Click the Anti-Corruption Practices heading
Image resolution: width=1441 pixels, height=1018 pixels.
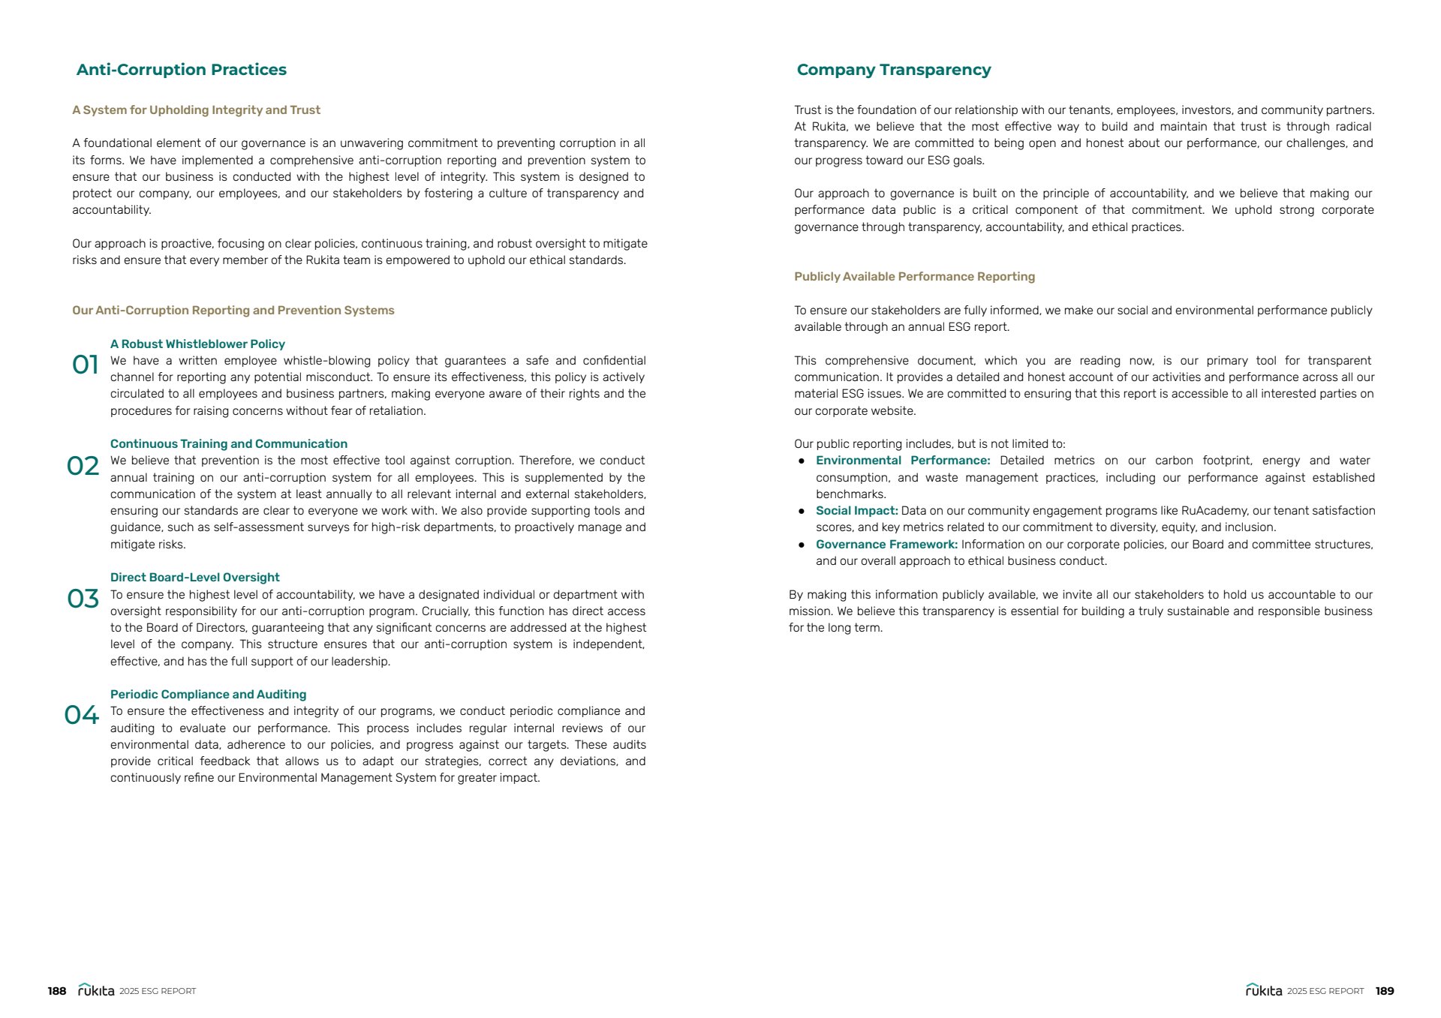pyautogui.click(x=182, y=70)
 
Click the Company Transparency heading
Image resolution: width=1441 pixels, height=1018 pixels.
pyautogui.click(x=893, y=70)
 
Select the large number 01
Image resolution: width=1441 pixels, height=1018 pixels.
pyautogui.click(x=85, y=365)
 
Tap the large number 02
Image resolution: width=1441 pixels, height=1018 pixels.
pyautogui.click(x=83, y=466)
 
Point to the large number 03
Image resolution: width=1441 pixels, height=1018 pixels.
pyautogui.click(x=83, y=599)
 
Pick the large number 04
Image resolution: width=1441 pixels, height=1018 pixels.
pyautogui.click(x=81, y=715)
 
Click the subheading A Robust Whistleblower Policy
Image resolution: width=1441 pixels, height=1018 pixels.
pyautogui.click(x=197, y=344)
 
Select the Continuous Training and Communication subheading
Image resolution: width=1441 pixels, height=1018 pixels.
pyautogui.click(x=229, y=444)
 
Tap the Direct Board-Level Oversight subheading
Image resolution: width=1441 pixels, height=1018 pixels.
pyautogui.click(x=194, y=578)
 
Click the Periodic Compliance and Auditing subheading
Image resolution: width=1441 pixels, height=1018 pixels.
pyautogui.click(x=208, y=695)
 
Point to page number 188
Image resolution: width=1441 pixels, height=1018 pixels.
pyautogui.click(x=57, y=991)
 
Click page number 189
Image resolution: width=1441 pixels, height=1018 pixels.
pyautogui.click(x=1385, y=991)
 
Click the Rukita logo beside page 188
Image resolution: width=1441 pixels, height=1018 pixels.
pyautogui.click(x=96, y=990)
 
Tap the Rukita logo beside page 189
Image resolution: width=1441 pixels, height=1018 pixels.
pyautogui.click(x=1264, y=990)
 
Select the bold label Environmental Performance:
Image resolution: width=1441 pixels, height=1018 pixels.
pyautogui.click(x=903, y=461)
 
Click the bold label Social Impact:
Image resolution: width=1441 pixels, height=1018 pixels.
pyautogui.click(x=856, y=511)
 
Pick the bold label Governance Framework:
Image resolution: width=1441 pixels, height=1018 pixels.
pyautogui.click(x=886, y=545)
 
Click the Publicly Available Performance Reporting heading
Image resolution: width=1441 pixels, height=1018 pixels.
pyautogui.click(x=914, y=277)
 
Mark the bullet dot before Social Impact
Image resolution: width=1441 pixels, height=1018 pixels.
pyautogui.click(x=802, y=512)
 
